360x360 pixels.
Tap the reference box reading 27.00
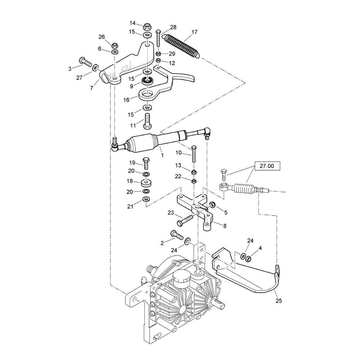click(x=267, y=166)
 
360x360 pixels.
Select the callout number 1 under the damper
click(x=162, y=156)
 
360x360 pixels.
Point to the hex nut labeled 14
click(x=147, y=27)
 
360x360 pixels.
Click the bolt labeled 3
click(x=85, y=62)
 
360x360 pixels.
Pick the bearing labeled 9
click(x=148, y=81)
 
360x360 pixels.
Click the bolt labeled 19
click(x=146, y=163)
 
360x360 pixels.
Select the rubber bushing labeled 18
click(x=146, y=183)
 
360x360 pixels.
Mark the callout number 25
click(x=279, y=300)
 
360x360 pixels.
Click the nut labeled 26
click(x=115, y=44)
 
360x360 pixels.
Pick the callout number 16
click(x=126, y=100)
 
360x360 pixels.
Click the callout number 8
click(x=225, y=226)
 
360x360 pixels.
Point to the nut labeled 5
click(x=211, y=204)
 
